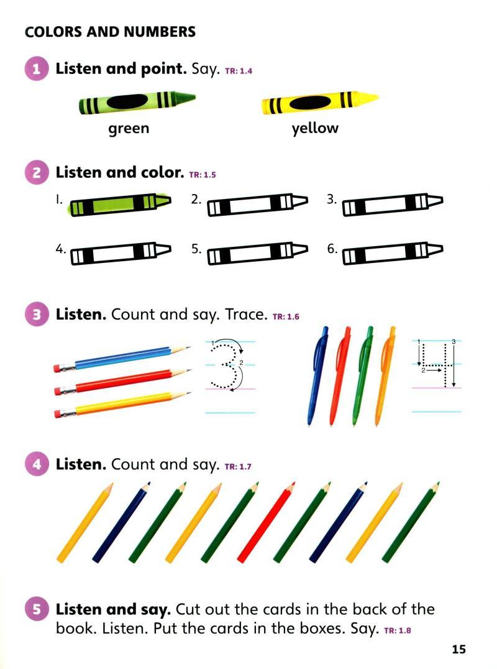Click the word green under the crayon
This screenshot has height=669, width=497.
click(129, 129)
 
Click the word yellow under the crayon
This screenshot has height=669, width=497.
click(315, 128)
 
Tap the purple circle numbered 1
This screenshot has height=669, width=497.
click(36, 68)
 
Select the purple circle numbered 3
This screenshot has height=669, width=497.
click(36, 315)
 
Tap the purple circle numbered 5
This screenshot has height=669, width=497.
click(36, 609)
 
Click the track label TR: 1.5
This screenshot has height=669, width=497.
click(203, 175)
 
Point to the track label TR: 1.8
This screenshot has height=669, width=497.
click(398, 630)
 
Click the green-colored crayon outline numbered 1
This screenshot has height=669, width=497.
click(121, 204)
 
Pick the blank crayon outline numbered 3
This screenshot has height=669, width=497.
click(393, 205)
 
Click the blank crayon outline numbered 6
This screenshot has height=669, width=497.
click(393, 253)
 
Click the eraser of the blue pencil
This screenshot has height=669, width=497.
click(58, 368)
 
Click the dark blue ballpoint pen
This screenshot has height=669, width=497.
click(317, 376)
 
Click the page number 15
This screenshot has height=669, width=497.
click(458, 649)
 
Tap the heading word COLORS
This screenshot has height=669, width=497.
click(53, 32)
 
